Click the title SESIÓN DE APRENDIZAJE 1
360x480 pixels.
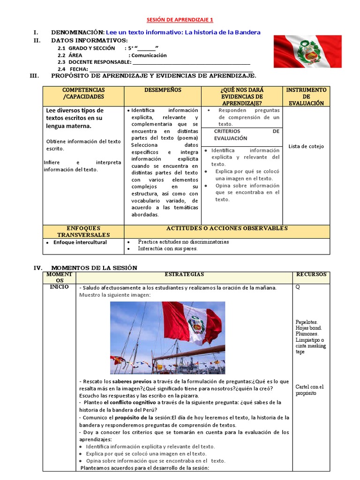tap(180, 20)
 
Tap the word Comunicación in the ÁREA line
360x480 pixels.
tap(149, 55)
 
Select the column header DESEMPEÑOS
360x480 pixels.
tap(162, 90)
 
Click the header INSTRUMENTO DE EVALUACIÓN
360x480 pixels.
tap(306, 96)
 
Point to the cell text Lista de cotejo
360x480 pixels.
tap(306, 146)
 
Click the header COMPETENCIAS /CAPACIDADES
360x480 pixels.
tap(83, 93)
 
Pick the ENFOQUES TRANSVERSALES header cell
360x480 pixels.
tap(83, 231)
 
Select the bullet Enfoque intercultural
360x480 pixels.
tap(80, 242)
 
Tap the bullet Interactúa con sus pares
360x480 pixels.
tap(167, 249)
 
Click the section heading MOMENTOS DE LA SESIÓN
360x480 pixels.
tap(94, 268)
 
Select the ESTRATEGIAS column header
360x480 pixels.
tap(184, 274)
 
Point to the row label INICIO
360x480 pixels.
tap(59, 287)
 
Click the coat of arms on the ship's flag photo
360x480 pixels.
tap(195, 324)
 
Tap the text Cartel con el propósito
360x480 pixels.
tap(309, 390)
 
